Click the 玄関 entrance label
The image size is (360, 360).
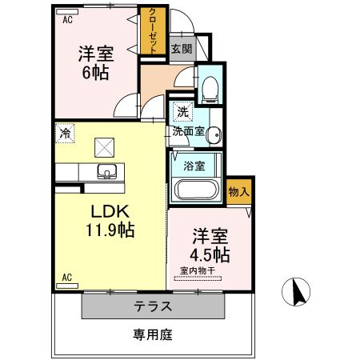(x=181, y=49)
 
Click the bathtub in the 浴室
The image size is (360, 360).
(x=195, y=191)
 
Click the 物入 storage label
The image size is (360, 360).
(x=238, y=192)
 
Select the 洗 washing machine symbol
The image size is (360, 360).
(x=182, y=113)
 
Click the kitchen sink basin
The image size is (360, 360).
(x=106, y=170)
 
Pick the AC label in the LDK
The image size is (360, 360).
(x=66, y=278)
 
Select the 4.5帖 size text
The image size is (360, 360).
(x=210, y=255)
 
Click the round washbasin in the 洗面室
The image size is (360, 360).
(x=212, y=137)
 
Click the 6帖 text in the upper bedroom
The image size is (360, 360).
(x=94, y=72)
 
